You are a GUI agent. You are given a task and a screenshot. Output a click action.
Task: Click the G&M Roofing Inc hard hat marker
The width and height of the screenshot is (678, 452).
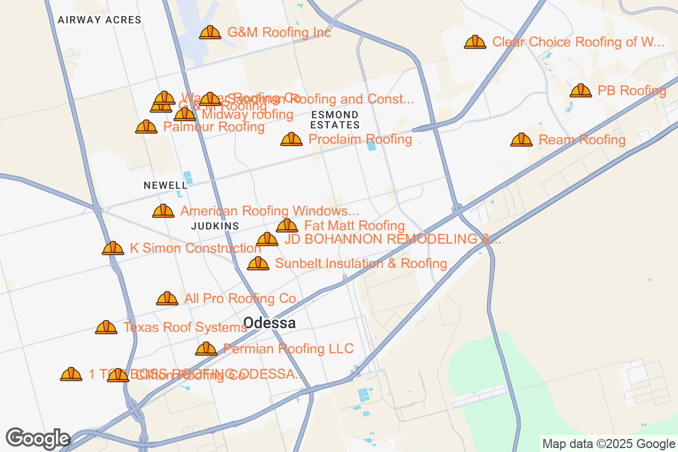click(210, 32)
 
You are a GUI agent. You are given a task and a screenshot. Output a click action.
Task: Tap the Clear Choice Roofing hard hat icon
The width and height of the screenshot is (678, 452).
click(475, 42)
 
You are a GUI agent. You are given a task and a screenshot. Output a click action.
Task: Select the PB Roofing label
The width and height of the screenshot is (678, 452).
click(632, 90)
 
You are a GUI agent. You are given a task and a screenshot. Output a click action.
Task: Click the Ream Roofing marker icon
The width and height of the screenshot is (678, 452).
click(521, 140)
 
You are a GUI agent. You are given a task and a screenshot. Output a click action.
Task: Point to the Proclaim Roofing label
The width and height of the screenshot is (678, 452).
click(360, 139)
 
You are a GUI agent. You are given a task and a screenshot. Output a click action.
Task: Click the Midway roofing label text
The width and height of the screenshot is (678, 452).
click(247, 115)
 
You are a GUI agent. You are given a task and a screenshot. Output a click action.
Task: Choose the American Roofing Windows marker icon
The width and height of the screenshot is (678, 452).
click(163, 211)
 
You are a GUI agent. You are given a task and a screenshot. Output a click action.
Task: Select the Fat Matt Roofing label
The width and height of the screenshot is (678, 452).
click(354, 226)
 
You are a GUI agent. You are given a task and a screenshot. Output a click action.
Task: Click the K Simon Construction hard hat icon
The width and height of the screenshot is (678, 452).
click(113, 248)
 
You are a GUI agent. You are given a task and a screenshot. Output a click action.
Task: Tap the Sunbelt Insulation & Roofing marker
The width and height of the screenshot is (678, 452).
click(258, 263)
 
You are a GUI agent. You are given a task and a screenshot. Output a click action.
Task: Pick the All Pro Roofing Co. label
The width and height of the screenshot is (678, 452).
click(241, 298)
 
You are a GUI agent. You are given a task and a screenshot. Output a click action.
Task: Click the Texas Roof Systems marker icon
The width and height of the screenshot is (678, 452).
click(106, 327)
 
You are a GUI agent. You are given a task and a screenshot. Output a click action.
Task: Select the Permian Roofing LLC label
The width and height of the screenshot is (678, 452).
click(288, 349)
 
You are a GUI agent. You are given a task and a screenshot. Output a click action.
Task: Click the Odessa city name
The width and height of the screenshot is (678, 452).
click(270, 323)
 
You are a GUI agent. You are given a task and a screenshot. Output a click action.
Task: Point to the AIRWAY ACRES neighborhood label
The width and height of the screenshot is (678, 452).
click(99, 20)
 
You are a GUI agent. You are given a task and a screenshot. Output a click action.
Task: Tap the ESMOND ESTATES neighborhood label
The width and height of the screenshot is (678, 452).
click(335, 120)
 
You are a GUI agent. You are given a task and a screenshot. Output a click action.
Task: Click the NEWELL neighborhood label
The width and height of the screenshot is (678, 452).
click(165, 185)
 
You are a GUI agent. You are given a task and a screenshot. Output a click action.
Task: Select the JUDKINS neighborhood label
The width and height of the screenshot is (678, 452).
click(215, 226)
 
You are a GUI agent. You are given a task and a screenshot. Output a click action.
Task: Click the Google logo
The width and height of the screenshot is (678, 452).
click(38, 438)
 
